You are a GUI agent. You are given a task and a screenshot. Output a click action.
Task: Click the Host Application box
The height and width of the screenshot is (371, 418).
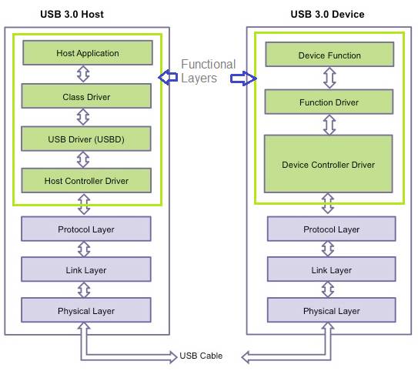click(x=88, y=53)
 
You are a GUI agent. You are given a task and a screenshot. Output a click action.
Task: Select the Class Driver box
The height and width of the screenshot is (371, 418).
click(x=86, y=96)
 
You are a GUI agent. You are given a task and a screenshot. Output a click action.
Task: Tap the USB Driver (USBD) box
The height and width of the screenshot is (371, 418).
click(x=86, y=139)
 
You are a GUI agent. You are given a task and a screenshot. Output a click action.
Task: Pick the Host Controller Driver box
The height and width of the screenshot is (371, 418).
click(x=86, y=180)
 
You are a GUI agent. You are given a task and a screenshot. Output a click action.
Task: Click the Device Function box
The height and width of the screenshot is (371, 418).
click(x=329, y=55)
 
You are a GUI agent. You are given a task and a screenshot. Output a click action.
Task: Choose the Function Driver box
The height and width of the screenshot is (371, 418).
click(x=329, y=102)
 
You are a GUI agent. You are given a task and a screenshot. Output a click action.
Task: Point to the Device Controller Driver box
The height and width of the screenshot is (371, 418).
click(x=329, y=164)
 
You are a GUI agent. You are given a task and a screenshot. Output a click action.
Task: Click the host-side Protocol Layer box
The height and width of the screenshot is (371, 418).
click(x=86, y=229)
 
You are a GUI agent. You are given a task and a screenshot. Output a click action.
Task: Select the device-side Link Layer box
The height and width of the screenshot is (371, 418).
click(x=332, y=269)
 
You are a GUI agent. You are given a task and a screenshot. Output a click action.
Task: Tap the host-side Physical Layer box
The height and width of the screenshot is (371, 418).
click(x=86, y=310)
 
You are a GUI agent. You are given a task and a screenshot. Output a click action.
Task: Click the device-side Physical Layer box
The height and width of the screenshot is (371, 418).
click(x=332, y=310)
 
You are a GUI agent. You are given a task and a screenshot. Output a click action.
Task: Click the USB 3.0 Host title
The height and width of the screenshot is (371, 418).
click(x=72, y=14)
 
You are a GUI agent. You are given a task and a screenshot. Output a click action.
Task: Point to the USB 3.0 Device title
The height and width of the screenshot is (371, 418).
click(x=328, y=14)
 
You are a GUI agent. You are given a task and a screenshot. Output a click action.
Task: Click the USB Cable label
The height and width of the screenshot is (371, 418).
click(x=201, y=356)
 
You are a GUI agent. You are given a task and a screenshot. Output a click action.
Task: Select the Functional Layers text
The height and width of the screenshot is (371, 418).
click(x=208, y=71)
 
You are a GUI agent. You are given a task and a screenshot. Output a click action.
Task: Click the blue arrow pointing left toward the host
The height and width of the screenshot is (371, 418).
click(x=168, y=77)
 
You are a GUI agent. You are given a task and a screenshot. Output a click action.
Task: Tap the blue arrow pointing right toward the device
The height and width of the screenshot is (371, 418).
click(x=243, y=79)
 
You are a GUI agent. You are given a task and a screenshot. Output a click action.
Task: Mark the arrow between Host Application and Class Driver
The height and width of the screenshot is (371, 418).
click(x=83, y=74)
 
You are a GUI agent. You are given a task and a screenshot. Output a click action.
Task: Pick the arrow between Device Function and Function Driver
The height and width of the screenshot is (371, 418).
click(x=329, y=78)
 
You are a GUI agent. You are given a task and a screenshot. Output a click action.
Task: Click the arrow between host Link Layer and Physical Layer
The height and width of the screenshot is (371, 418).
click(x=84, y=289)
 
